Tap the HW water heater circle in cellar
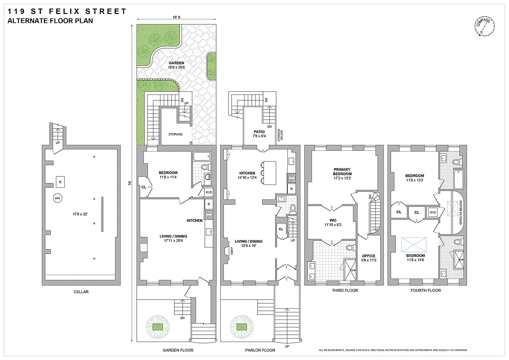pyautogui.click(x=57, y=198)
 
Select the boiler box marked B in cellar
pyautogui.click(x=60, y=181)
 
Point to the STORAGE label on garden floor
pyautogui.click(x=175, y=134)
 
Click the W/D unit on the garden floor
pyautogui.click(x=209, y=193)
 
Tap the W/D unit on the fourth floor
pyautogui.click(x=432, y=211)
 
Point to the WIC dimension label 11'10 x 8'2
pyautogui.click(x=332, y=224)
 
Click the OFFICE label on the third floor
pyautogui.click(x=368, y=256)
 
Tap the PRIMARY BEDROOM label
pyautogui.click(x=342, y=171)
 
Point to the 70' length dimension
pyautogui.click(x=129, y=184)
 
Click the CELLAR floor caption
pyautogui.click(x=81, y=292)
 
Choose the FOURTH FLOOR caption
pyautogui.click(x=425, y=291)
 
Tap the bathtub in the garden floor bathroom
pyautogui.click(x=201, y=157)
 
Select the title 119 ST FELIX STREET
pyautogui.click(x=67, y=11)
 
